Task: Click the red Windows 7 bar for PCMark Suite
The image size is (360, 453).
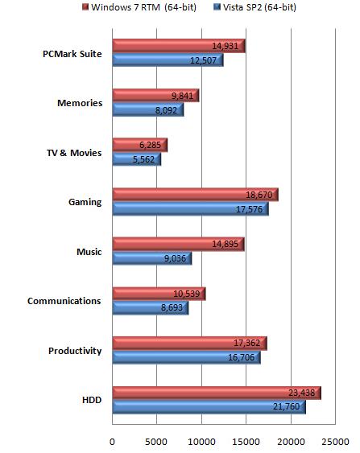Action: pyautogui.click(x=179, y=46)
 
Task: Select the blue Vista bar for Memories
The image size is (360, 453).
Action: pyautogui.click(x=148, y=109)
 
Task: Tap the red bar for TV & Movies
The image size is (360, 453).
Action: pyautogui.click(x=140, y=145)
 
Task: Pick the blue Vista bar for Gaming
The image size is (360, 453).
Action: pyautogui.click(x=191, y=208)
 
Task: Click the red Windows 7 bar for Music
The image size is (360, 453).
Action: pyautogui.click(x=179, y=244)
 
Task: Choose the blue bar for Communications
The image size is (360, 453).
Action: pyautogui.click(x=151, y=307)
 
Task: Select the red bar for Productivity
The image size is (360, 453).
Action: pyautogui.click(x=190, y=344)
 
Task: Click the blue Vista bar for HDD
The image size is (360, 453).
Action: pyautogui.click(x=209, y=407)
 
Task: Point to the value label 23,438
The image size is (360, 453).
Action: pyautogui.click(x=301, y=393)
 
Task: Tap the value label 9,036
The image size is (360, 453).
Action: pyautogui.click(x=176, y=258)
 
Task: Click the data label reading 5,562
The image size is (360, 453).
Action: pyautogui.click(x=143, y=159)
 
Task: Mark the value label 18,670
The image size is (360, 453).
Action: pyautogui.click(x=259, y=195)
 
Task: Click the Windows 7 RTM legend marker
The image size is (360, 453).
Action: pyautogui.click(x=85, y=6)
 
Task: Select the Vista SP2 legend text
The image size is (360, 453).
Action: pyautogui.click(x=259, y=7)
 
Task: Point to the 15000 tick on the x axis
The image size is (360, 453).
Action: pyautogui.click(x=246, y=442)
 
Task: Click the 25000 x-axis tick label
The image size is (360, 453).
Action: pyautogui.click(x=335, y=442)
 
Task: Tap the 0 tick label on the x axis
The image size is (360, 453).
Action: pyautogui.click(x=112, y=442)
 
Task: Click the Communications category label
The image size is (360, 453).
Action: pyautogui.click(x=64, y=301)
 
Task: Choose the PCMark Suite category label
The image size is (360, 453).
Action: pyautogui.click(x=72, y=54)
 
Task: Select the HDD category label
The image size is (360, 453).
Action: pyautogui.click(x=92, y=400)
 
